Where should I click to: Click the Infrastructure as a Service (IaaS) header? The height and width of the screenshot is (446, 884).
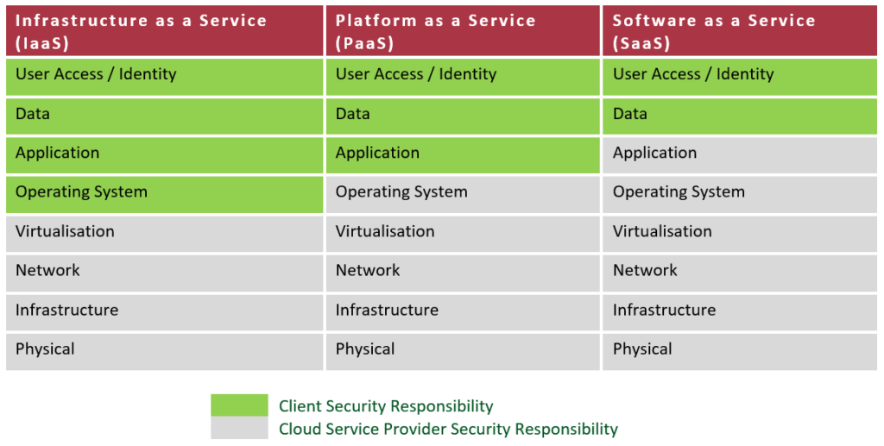click(x=165, y=31)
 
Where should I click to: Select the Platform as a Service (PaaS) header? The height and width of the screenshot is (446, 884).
click(x=463, y=31)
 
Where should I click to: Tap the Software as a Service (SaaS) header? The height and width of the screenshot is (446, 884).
click(x=740, y=31)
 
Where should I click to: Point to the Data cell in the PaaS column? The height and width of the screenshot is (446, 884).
click(x=463, y=116)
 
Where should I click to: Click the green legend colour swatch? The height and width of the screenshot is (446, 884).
click(x=239, y=405)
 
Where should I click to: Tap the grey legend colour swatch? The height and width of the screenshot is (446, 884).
click(x=239, y=427)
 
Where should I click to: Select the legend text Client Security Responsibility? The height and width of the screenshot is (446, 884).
click(x=386, y=406)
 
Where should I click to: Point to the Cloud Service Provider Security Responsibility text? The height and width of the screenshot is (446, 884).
click(x=448, y=429)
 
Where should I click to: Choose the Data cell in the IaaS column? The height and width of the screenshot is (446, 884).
click(x=165, y=116)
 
